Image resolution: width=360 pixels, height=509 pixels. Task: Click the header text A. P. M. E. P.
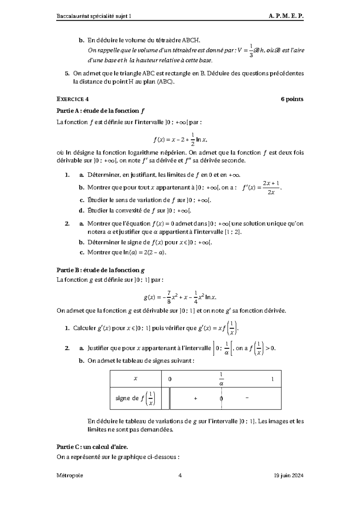[286, 16]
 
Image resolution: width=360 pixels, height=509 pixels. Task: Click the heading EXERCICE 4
[73, 99]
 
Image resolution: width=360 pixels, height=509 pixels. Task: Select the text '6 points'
[292, 99]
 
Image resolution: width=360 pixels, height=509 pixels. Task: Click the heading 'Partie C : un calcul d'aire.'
[92, 447]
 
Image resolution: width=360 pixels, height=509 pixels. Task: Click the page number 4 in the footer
[180, 475]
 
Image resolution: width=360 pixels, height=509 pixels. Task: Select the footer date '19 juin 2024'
[288, 475]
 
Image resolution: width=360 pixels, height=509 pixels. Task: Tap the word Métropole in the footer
[70, 475]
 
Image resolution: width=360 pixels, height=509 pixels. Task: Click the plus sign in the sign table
[196, 398]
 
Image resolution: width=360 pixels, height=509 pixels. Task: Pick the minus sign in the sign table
[247, 398]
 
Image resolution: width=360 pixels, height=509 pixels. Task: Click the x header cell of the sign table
[136, 379]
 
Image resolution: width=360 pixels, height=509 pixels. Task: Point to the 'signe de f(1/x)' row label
[135, 398]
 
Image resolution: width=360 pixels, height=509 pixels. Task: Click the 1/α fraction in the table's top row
[221, 379]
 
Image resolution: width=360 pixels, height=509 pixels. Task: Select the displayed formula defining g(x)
[180, 297]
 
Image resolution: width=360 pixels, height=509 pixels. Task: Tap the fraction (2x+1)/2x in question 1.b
[271, 188]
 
